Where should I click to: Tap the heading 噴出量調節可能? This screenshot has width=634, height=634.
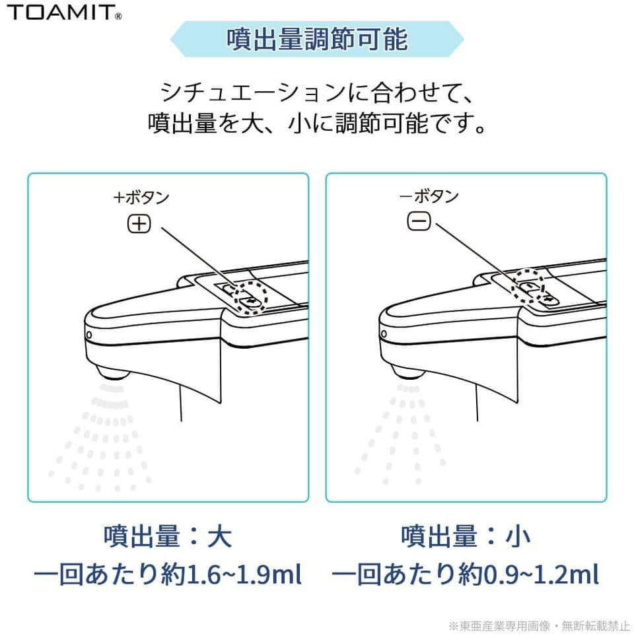pos(317,40)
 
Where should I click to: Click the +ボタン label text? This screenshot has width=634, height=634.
pos(141,197)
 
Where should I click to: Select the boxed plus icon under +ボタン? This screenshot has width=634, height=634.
pos(139,225)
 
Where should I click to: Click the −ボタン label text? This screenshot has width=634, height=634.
pos(429,197)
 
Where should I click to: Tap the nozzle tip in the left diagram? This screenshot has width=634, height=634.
pos(112,370)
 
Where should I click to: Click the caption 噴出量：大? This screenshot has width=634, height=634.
pos(168,536)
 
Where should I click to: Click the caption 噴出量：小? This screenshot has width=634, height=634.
pos(466,536)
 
